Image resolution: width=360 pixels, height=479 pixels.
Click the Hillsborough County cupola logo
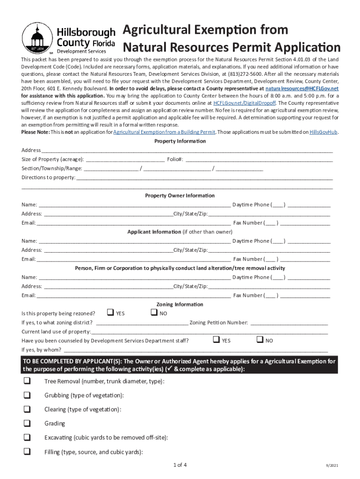pyautogui.click(x=37, y=37)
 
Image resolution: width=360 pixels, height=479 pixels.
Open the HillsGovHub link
pyautogui.click(x=324, y=132)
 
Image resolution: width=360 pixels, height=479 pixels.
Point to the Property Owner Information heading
pyautogui.click(x=180, y=196)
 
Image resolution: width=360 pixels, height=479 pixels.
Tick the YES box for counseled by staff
pyautogui.click(x=216, y=340)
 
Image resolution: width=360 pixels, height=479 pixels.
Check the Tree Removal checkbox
pyautogui.click(x=27, y=381)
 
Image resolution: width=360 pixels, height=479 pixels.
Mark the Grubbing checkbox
pyautogui.click(x=27, y=395)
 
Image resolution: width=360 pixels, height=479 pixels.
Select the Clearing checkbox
pyautogui.click(x=27, y=409)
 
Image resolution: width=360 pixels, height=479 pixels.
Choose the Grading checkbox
pyautogui.click(x=27, y=423)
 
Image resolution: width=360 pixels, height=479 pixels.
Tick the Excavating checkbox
pyautogui.click(x=27, y=437)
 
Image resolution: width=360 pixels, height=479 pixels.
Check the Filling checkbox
pyautogui.click(x=27, y=451)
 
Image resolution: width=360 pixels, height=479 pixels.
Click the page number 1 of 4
pyautogui.click(x=180, y=465)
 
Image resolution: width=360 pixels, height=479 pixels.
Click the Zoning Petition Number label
pyautogui.click(x=219, y=322)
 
